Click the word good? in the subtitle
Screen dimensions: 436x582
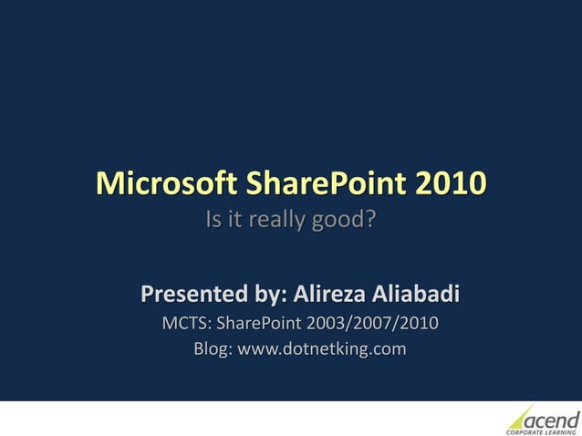coord(345,221)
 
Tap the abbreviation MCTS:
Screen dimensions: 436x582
coord(185,323)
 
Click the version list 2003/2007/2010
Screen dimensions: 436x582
coord(372,323)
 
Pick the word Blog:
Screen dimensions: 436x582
coord(213,348)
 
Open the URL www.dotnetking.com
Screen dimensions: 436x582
coord(321,348)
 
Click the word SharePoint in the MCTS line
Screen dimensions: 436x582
coord(259,323)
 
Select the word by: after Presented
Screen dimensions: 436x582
coord(269,296)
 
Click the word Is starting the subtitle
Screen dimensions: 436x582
coord(214,221)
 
